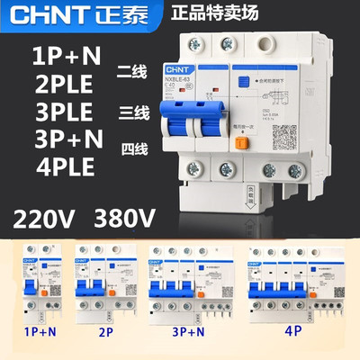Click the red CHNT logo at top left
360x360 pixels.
[x=54, y=16]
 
